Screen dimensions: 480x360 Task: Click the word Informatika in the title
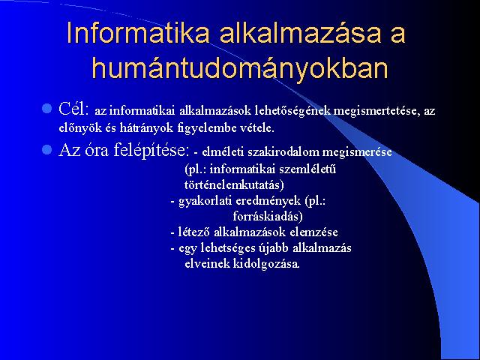138,32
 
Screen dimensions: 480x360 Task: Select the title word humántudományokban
240,68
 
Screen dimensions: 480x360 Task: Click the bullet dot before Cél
46,108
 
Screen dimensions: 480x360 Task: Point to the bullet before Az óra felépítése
46,150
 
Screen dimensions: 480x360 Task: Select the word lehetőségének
292,111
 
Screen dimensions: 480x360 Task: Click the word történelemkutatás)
234,185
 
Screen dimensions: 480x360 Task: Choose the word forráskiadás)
268,217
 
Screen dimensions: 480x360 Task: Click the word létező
194,232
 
